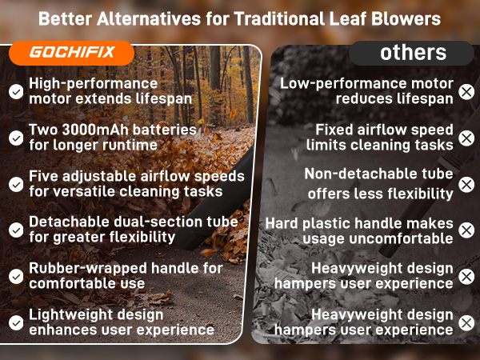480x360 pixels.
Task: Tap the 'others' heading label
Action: coord(413,53)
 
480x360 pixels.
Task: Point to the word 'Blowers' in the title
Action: coord(408,18)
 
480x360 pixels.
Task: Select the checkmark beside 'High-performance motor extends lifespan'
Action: coord(15,91)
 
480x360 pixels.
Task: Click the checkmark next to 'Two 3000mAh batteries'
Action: coord(15,138)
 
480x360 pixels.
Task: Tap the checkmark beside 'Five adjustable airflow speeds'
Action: coord(15,184)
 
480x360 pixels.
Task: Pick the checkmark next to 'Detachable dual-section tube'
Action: coord(15,230)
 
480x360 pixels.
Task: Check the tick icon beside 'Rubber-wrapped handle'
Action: coord(15,276)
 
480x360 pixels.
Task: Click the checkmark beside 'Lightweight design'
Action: coord(15,322)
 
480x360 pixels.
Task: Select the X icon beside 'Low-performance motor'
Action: coord(466,91)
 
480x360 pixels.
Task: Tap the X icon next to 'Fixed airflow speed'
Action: coord(466,138)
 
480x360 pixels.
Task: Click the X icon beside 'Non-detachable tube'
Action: coord(466,185)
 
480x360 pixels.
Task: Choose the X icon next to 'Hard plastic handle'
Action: coord(466,230)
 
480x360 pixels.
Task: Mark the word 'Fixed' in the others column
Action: coord(335,130)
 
